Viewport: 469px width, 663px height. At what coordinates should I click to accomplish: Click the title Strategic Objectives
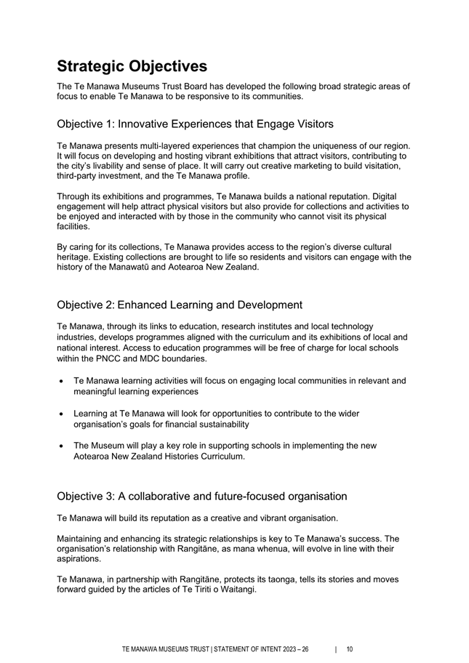(132, 66)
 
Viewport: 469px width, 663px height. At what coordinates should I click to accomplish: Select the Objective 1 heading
(195, 124)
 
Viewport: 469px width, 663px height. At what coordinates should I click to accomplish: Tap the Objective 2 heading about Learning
(180, 305)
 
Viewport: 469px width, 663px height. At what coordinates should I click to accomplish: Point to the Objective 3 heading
(201, 496)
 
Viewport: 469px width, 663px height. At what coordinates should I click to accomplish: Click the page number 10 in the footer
(350, 649)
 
